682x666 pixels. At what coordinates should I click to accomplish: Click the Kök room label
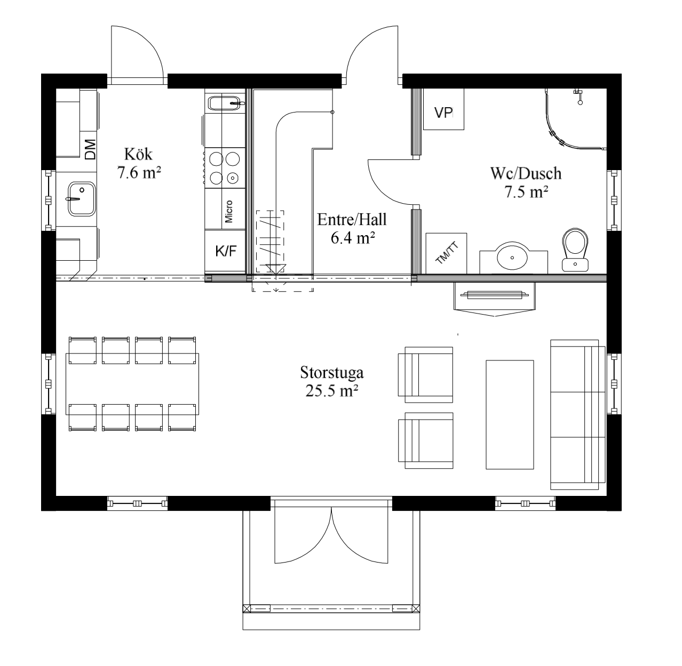[138, 154]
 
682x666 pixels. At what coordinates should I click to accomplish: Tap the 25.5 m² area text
[331, 391]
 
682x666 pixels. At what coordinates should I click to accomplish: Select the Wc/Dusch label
[526, 173]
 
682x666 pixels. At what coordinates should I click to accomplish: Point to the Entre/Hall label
[352, 220]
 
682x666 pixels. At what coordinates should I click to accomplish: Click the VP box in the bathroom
[443, 109]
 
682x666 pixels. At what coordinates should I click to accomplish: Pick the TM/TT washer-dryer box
[446, 253]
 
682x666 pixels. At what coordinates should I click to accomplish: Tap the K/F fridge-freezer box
[225, 251]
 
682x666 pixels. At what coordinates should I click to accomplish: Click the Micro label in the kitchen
[228, 211]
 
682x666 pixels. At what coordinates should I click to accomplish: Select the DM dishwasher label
[90, 149]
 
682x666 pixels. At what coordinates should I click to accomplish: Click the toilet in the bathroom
[575, 250]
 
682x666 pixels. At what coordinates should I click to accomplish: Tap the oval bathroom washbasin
[512, 256]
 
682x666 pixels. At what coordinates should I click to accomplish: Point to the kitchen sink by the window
[81, 198]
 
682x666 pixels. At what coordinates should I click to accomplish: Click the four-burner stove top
[225, 168]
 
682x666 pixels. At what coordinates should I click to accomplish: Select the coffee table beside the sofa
[510, 415]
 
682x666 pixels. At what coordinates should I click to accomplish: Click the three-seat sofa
[577, 415]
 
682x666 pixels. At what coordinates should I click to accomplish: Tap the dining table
[132, 384]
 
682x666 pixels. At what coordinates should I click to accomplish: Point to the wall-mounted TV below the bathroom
[495, 295]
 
